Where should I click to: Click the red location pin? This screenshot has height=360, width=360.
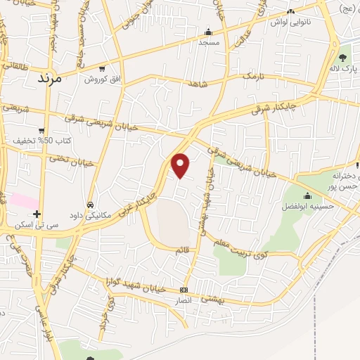coord(181,165)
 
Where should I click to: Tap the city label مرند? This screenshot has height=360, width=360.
coord(49,77)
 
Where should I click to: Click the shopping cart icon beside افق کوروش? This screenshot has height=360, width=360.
coord(103,69)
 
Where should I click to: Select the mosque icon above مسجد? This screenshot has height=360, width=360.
coord(207,32)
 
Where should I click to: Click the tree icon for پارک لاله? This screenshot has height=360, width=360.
coord(343,57)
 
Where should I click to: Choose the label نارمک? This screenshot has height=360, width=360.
coord(251,75)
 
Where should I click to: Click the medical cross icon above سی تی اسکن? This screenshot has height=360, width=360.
coord(37,214)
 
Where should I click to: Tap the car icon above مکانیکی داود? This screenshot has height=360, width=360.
coord(90,205)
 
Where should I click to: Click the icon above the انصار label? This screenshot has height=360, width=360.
coord(184,290)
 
